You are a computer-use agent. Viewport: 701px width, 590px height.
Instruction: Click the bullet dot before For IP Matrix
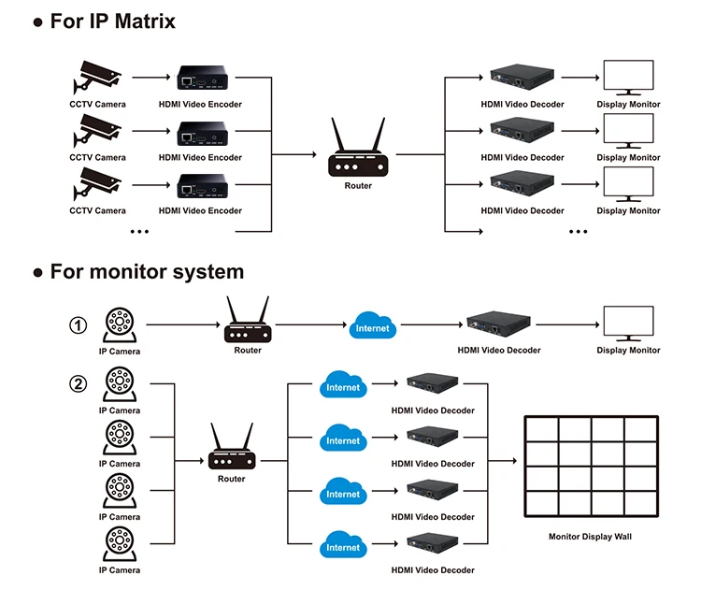(38, 22)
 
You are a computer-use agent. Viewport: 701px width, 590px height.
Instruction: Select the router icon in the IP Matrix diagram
(358, 147)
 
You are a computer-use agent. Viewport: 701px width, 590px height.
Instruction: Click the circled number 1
(79, 325)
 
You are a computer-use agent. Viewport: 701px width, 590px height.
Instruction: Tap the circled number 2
(79, 383)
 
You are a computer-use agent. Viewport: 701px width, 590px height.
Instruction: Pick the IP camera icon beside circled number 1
(120, 325)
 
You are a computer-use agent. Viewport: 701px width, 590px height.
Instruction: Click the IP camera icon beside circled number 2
(120, 384)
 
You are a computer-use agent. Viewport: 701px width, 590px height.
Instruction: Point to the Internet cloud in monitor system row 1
(372, 325)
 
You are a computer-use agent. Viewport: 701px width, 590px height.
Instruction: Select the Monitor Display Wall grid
(591, 467)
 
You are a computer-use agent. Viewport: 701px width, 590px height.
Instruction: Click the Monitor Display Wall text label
(590, 537)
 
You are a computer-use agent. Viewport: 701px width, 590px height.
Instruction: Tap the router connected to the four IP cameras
(232, 446)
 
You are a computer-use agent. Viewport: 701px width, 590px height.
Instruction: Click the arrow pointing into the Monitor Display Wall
(503, 461)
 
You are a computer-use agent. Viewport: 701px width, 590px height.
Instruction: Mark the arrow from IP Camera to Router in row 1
(183, 324)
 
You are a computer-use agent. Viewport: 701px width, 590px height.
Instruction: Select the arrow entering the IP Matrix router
(294, 154)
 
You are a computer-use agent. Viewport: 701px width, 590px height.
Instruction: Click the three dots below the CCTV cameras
(139, 232)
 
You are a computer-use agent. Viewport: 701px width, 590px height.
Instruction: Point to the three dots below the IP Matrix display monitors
(578, 232)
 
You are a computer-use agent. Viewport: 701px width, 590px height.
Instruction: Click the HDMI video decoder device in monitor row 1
(498, 324)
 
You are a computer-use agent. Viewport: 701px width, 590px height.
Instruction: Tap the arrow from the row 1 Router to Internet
(311, 324)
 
